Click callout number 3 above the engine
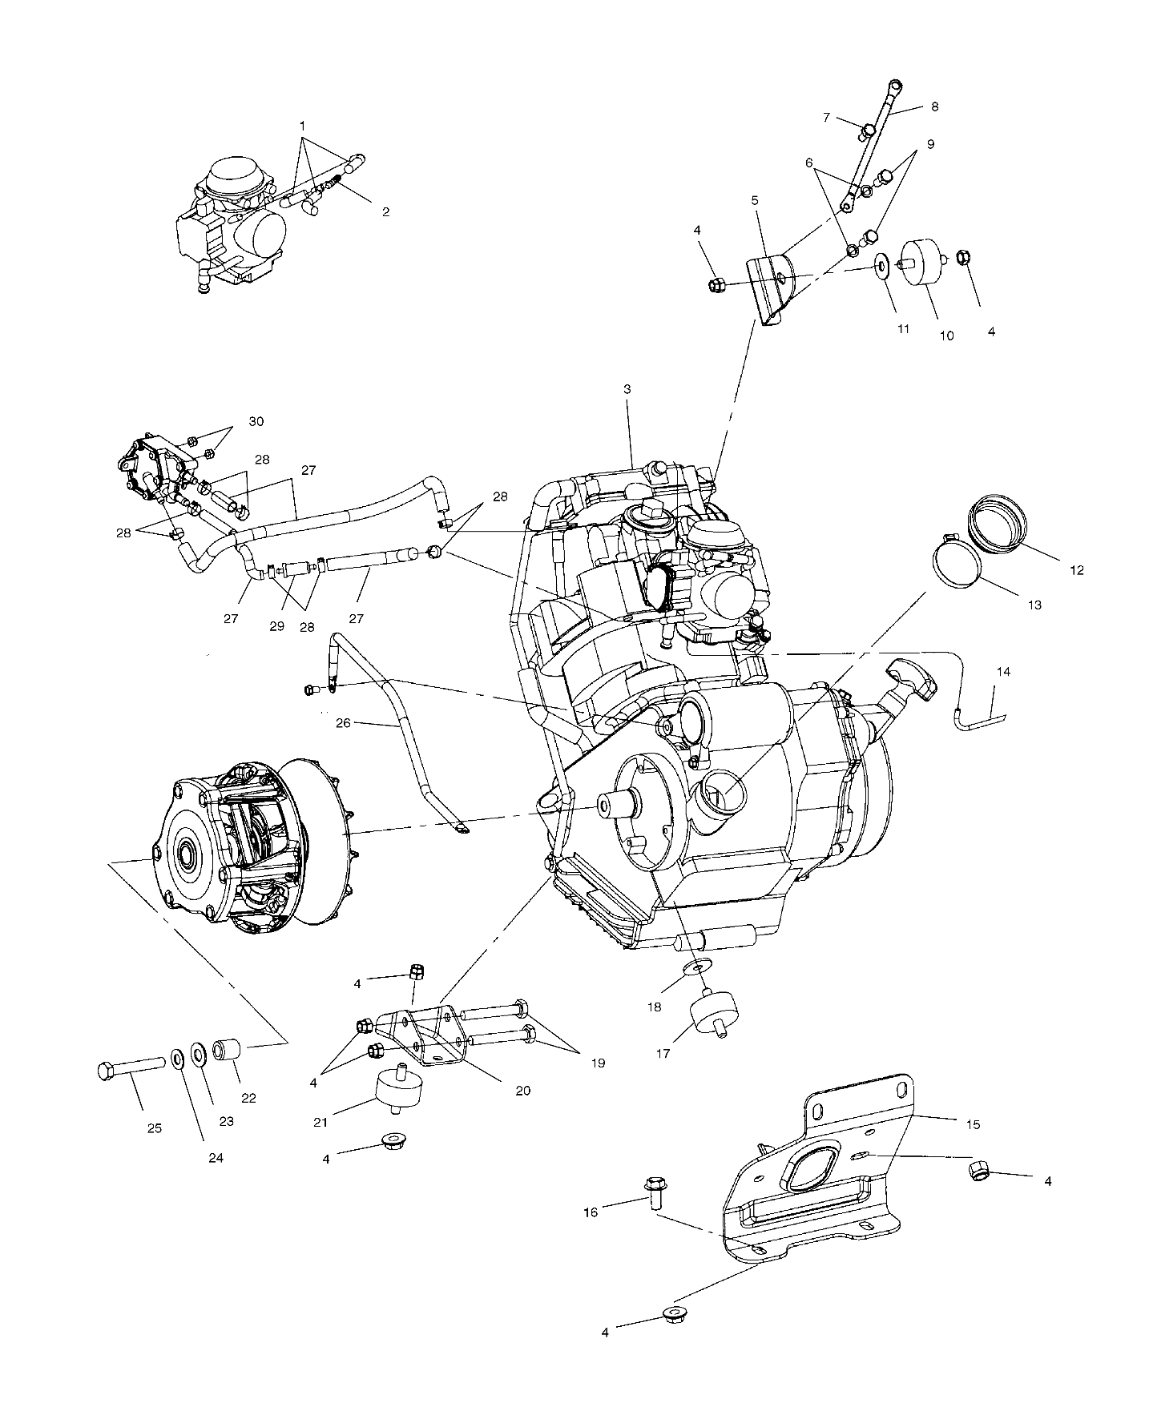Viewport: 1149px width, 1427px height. click(x=627, y=389)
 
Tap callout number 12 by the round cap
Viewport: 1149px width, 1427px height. click(x=1077, y=570)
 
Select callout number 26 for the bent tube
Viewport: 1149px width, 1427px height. click(x=343, y=723)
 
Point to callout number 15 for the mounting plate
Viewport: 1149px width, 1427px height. click(x=973, y=1125)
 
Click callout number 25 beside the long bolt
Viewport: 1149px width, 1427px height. click(x=155, y=1128)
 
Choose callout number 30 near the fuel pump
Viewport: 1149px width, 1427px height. click(x=256, y=421)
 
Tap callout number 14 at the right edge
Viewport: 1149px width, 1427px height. click(x=1002, y=672)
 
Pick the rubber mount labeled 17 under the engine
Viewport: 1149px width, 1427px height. click(x=715, y=1012)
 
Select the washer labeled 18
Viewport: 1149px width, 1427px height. click(x=696, y=969)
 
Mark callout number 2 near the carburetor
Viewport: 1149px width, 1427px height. click(x=385, y=211)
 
